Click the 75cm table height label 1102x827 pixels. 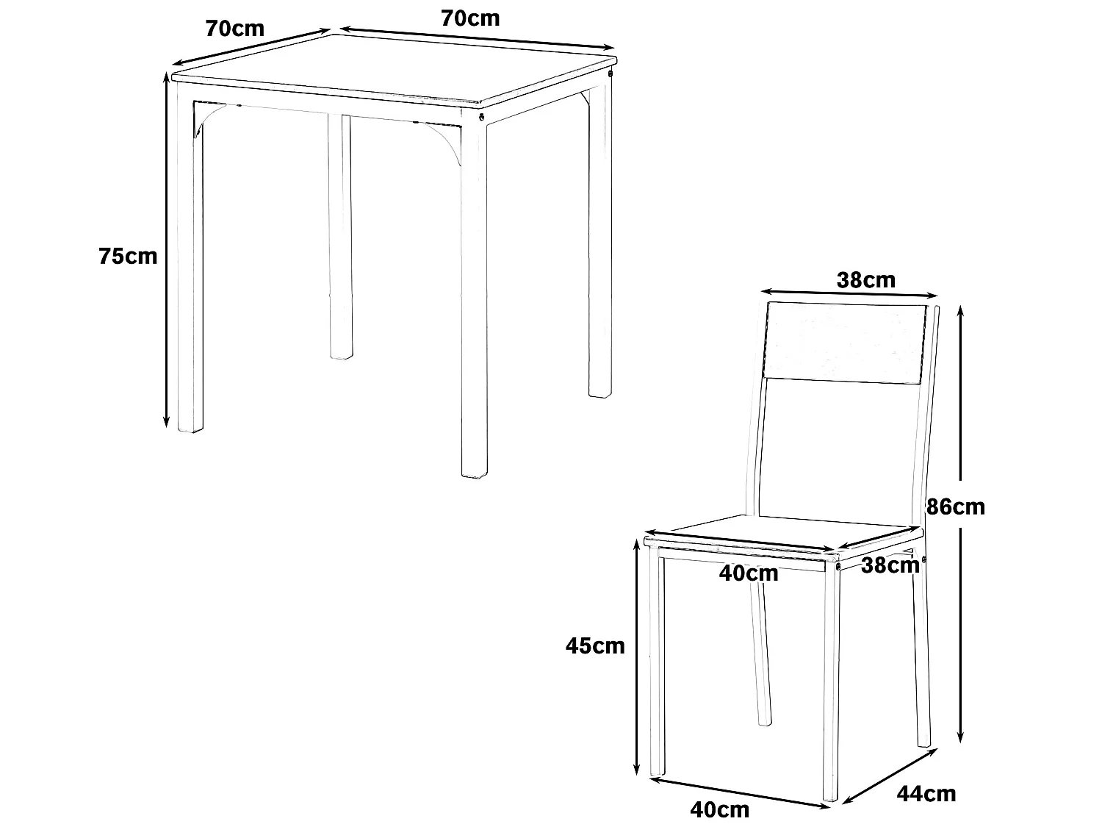point(128,257)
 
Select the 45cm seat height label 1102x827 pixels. point(595,645)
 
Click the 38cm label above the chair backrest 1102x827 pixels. point(866,280)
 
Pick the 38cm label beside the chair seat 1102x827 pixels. point(890,565)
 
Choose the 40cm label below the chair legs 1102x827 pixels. point(720,809)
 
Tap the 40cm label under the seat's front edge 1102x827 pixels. point(749,573)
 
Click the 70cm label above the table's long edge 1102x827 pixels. point(470,18)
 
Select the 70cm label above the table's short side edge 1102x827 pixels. point(235,29)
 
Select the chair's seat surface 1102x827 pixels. point(786,533)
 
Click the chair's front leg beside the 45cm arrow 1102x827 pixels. point(656,662)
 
